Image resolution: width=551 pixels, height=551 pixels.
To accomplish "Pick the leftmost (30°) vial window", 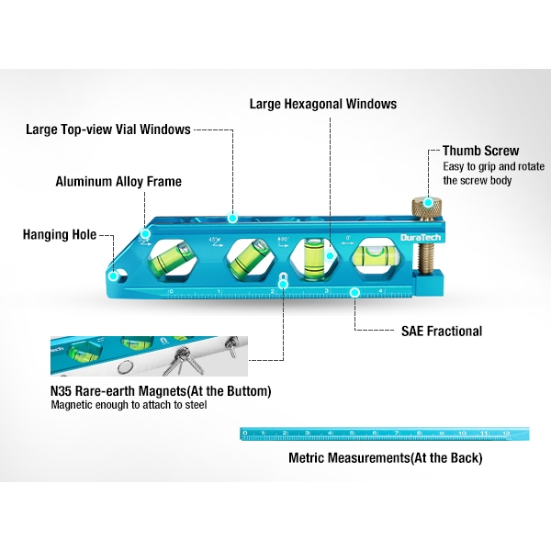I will (172, 258).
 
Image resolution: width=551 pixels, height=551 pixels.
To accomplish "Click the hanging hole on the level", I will (113, 273).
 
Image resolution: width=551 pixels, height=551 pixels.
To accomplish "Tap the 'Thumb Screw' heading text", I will (480, 151).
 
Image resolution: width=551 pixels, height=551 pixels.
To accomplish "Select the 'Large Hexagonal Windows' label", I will (323, 104).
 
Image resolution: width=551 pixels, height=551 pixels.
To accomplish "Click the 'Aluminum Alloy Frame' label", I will (118, 182).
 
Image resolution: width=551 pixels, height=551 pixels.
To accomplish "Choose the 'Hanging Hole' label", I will (60, 234).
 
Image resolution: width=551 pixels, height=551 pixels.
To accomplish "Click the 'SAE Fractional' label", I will (441, 331).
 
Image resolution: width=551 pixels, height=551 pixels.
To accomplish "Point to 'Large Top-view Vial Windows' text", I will (108, 129).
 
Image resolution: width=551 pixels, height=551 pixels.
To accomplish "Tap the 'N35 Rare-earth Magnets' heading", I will (161, 391).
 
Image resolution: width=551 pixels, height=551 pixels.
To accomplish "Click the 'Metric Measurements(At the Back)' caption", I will (385, 456).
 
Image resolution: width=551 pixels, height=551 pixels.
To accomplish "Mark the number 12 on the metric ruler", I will (506, 432).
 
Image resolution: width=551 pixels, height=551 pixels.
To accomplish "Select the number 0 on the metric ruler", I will (244, 433).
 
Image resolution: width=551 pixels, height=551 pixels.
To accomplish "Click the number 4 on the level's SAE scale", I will (380, 291).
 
